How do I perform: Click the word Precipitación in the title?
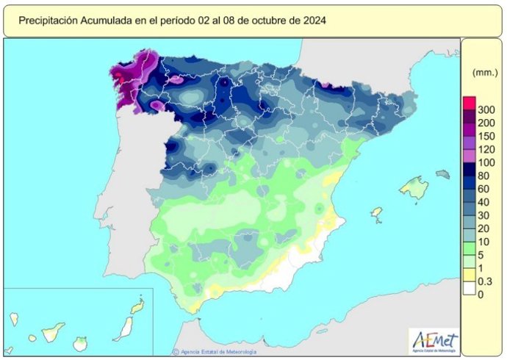click(x=49, y=21)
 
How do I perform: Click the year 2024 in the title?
click(x=314, y=21)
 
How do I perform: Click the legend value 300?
click(x=486, y=109)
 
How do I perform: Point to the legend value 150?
click(x=486, y=136)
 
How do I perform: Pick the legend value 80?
click(x=486, y=176)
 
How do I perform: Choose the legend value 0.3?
click(x=486, y=281)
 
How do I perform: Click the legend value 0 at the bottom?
click(x=481, y=295)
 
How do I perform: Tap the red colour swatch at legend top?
click(x=469, y=102)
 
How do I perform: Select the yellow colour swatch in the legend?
click(x=469, y=274)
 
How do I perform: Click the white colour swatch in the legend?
click(x=469, y=288)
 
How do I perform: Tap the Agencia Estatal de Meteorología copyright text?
click(x=216, y=352)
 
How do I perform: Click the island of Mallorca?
click(x=414, y=189)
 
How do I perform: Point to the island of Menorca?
click(x=442, y=175)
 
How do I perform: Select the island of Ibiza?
click(x=377, y=213)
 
